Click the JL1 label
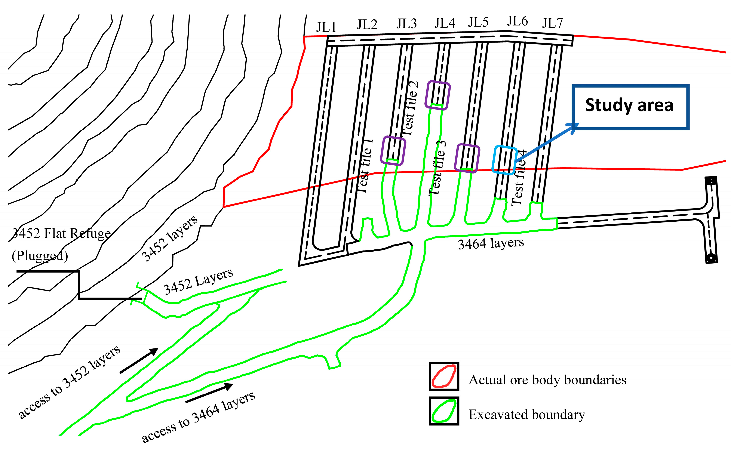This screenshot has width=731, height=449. click(326, 27)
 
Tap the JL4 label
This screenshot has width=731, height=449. click(445, 23)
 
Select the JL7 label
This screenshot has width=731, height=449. click(552, 23)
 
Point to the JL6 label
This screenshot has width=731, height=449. click(517, 21)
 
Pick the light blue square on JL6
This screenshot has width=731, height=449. click(504, 160)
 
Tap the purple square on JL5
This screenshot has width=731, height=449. click(467, 158)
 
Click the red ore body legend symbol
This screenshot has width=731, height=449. click(444, 376)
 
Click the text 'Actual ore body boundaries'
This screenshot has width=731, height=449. click(547, 380)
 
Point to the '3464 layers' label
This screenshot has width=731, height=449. click(491, 243)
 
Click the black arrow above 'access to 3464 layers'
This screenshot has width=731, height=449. click(209, 393)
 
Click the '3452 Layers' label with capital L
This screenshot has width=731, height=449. click(198, 282)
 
